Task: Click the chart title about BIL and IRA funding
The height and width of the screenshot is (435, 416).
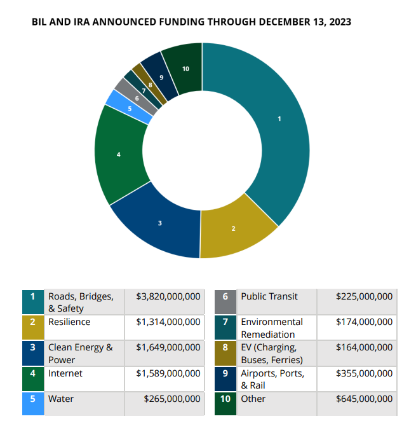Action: (191, 22)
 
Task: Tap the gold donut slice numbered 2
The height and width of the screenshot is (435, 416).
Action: (233, 227)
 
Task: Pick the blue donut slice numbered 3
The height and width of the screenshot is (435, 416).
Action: (161, 223)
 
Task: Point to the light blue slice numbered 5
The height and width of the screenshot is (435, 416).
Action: (130, 108)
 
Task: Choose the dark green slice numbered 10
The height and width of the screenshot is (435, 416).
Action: (185, 69)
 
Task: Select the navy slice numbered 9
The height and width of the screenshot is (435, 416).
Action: (161, 77)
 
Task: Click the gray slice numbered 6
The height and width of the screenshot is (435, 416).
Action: (137, 97)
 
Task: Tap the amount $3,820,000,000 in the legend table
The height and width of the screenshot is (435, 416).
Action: (168, 296)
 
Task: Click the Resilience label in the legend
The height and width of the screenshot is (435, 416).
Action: (69, 322)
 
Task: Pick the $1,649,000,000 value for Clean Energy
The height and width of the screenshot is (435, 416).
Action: (168, 347)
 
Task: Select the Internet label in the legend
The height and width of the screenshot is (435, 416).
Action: (65, 373)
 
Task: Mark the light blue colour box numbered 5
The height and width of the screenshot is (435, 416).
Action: (33, 404)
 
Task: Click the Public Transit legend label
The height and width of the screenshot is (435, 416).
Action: (269, 296)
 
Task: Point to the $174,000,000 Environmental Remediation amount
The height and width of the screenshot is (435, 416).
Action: (364, 322)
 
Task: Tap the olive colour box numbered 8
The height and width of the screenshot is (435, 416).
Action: (225, 353)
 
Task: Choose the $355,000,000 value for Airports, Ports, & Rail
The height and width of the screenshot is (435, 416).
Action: (364, 373)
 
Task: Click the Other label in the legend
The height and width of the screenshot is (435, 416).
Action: (253, 399)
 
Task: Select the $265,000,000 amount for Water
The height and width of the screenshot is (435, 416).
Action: (171, 399)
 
